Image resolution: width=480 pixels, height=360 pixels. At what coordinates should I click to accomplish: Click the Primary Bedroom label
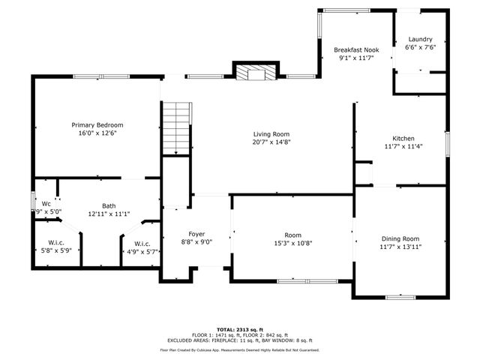point(97,124)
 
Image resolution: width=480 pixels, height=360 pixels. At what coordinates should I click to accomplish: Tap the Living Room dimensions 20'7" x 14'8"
point(271,142)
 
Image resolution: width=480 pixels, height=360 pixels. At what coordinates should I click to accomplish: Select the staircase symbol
point(178,127)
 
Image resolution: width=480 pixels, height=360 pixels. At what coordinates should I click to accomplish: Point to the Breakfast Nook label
point(356,49)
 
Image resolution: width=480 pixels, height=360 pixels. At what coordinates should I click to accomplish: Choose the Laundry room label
point(420,39)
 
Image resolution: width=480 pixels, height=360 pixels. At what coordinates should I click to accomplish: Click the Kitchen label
point(403,138)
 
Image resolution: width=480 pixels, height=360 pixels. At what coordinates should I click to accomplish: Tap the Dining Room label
point(400,238)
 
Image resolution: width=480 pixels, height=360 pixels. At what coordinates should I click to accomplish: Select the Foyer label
point(196,234)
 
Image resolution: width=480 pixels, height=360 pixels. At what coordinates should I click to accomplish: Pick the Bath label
point(109,205)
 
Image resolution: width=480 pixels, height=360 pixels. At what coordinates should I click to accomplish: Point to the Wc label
point(46,203)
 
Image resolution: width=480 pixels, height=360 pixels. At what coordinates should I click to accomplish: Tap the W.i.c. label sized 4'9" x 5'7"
point(142,244)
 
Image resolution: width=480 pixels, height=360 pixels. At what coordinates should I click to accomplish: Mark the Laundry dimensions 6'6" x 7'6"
point(420,47)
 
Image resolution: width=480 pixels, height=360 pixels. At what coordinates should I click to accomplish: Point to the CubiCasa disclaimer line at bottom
point(239,349)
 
